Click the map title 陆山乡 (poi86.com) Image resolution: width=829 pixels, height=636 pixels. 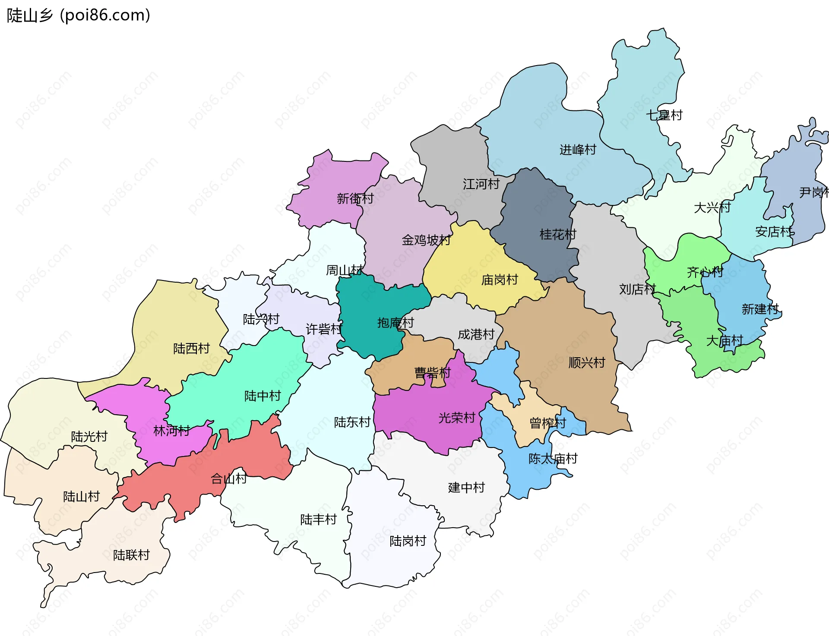coord(79,15)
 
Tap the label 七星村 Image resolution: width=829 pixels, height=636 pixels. coord(664,115)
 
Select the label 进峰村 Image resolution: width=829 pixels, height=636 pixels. coord(578,150)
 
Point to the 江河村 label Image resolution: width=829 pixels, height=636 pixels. coord(481,184)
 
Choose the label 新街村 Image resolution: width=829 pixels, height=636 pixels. coord(355,198)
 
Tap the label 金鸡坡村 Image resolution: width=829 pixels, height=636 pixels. coord(426,240)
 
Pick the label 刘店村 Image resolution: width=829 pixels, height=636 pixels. coord(637,289)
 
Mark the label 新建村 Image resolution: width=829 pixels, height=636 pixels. coord(760,309)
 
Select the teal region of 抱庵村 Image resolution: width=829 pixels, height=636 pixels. coord(367,311)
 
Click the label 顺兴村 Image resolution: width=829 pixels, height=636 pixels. coord(587,362)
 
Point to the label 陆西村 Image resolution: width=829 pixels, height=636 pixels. coord(191,348)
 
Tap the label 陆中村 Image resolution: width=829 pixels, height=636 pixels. coord(263,396)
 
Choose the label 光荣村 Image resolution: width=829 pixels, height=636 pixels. coord(456,418)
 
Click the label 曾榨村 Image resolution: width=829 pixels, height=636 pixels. coord(547,423)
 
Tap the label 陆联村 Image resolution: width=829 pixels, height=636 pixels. coord(131,555)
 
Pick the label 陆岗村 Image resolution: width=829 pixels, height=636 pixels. coord(408,541)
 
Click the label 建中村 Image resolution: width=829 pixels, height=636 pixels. coord(466,488)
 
